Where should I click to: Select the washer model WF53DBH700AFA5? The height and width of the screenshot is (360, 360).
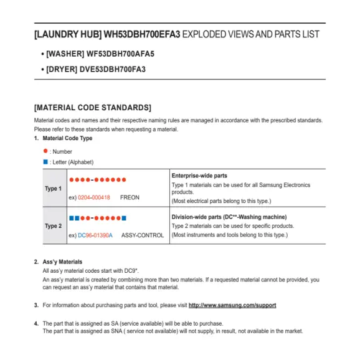(x=116, y=54)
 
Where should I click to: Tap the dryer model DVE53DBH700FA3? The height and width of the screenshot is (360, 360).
(x=112, y=69)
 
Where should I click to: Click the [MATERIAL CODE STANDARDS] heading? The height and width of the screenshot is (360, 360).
(x=92, y=107)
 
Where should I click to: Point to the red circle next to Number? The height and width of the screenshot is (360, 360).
(x=45, y=151)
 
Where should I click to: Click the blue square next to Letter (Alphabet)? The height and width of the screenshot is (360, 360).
(x=45, y=162)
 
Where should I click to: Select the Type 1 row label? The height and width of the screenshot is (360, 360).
(x=53, y=189)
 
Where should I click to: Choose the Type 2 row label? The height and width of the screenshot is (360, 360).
(x=53, y=226)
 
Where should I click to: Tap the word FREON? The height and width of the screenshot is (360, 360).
(x=130, y=197)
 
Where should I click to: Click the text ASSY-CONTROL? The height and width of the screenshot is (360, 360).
(x=143, y=235)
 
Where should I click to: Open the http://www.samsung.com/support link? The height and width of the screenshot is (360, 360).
(x=232, y=305)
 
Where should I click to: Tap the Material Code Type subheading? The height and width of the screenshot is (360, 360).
(x=67, y=138)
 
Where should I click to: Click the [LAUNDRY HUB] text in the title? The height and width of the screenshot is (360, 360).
(x=67, y=35)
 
